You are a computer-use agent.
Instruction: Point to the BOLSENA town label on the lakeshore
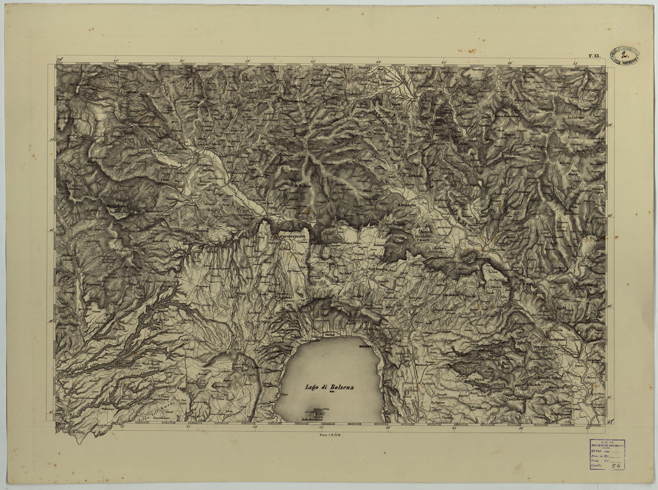click(368, 346)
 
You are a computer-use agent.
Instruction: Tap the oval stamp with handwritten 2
click(624, 54)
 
